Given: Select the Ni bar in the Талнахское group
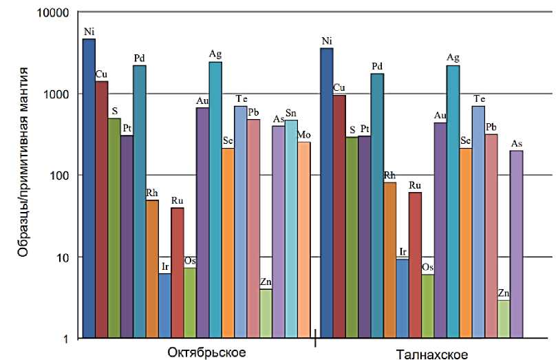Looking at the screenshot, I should [328, 193].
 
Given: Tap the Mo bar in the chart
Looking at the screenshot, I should [303, 240].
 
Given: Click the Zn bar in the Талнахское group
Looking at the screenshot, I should [504, 319].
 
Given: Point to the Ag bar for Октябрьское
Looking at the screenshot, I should [215, 200].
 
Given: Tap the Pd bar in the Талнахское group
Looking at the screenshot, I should [378, 206].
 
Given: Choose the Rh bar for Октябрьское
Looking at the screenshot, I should [152, 269].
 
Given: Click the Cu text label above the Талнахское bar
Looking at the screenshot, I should [339, 87].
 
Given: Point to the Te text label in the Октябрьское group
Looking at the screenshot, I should [242, 99].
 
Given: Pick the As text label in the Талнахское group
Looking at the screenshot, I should [517, 143].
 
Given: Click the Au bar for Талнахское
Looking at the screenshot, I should [440, 231].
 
